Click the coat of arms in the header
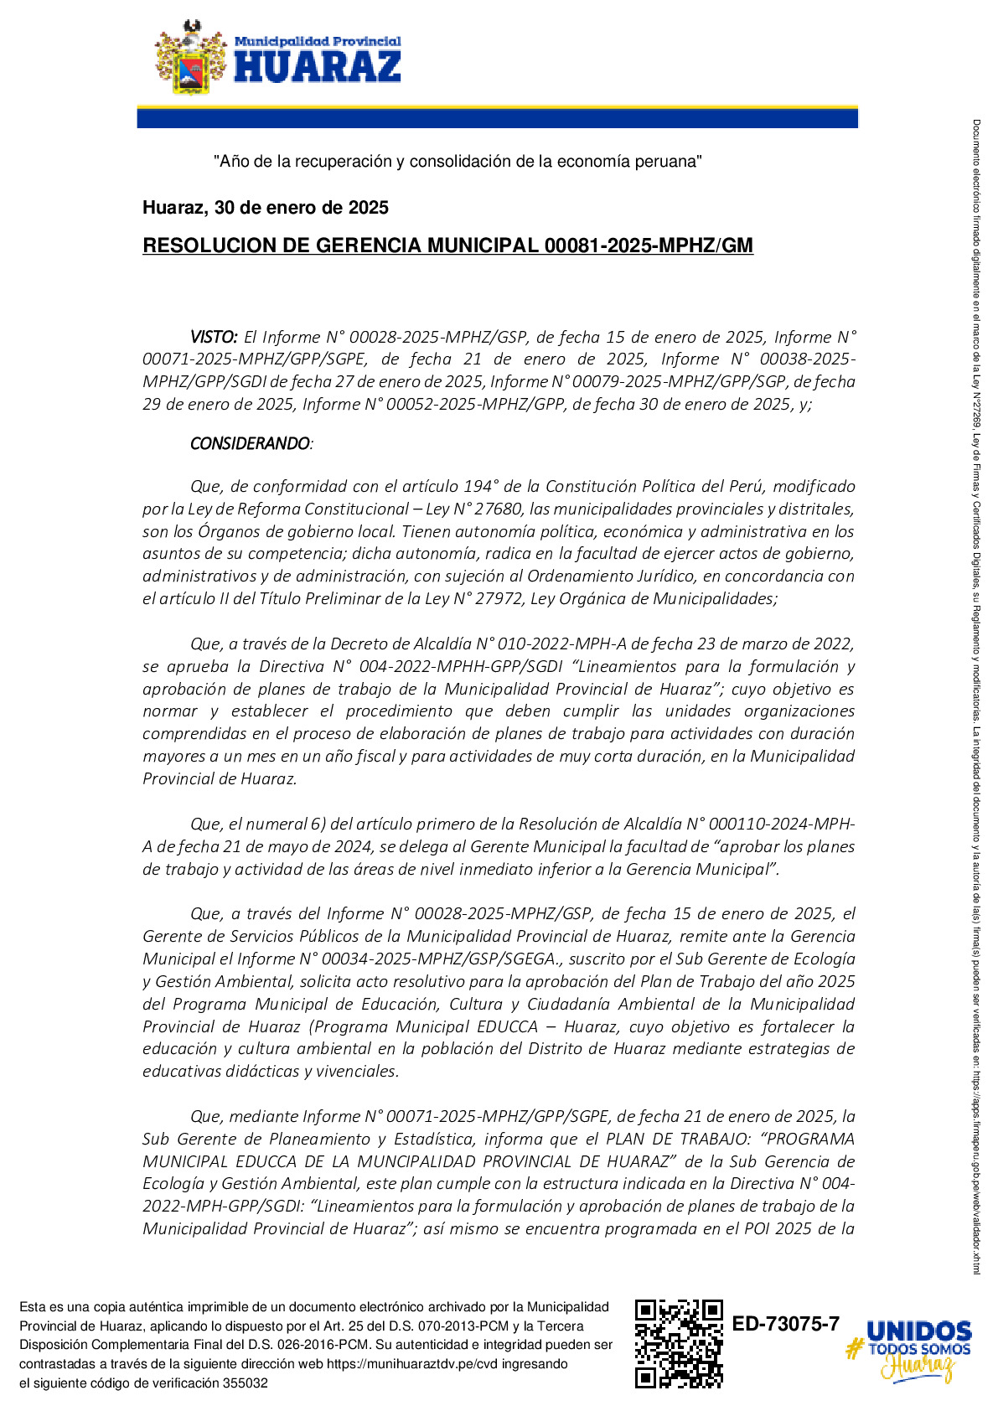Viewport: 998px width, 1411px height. pyautogui.click(x=191, y=57)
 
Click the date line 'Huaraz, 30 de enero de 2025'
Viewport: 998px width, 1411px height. pyautogui.click(x=266, y=208)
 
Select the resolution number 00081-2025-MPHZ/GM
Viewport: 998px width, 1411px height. pyautogui.click(x=649, y=246)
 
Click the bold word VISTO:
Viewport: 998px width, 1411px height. pyautogui.click(x=214, y=337)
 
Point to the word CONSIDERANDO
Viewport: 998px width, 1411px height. pyautogui.click(x=250, y=443)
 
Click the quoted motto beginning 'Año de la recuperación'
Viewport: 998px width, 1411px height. pyautogui.click(x=458, y=161)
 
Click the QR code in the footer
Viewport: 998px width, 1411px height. pyautogui.click(x=679, y=1343)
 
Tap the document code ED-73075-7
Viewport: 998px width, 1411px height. pyautogui.click(x=786, y=1324)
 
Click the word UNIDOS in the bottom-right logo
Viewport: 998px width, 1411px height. pyautogui.click(x=919, y=1331)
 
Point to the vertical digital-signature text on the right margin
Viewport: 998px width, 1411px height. pyautogui.click(x=976, y=695)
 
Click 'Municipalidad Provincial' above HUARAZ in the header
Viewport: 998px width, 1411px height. pyautogui.click(x=318, y=41)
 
